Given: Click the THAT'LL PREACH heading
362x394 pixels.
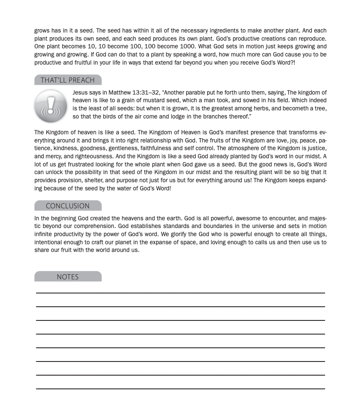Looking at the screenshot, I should (68, 80).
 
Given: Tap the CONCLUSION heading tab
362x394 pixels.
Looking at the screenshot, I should (68, 206).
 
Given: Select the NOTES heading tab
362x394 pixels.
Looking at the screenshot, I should (68, 277).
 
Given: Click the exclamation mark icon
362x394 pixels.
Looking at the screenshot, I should (51, 107).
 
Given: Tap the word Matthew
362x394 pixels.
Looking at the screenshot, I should (120, 92).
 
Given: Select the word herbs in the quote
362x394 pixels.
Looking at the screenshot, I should (252, 109).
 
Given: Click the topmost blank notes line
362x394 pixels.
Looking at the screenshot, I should (181, 293).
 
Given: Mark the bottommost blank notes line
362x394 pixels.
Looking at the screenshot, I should (181, 388).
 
